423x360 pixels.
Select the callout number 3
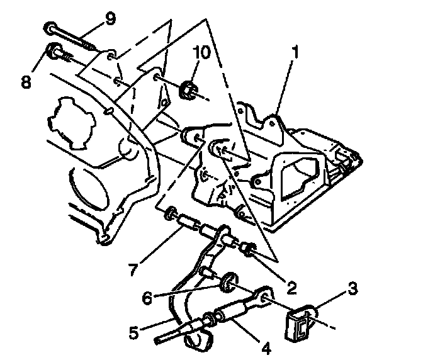click(353, 288)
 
